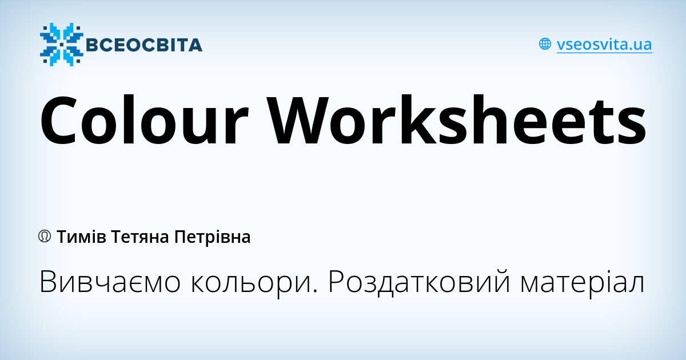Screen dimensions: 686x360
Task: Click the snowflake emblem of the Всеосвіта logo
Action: click(x=61, y=45)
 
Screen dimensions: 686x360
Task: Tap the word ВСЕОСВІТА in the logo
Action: click(x=144, y=45)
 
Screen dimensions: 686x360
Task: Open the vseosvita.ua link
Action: click(x=604, y=45)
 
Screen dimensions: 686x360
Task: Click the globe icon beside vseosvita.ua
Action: click(x=545, y=44)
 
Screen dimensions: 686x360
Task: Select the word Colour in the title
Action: click(x=144, y=119)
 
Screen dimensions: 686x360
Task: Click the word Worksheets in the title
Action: click(x=456, y=119)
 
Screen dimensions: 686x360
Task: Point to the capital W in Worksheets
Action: click(x=298, y=121)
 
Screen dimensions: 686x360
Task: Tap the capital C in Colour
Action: click(x=59, y=121)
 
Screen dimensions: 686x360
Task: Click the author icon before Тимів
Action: click(x=45, y=237)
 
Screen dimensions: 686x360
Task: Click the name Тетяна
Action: click(x=140, y=238)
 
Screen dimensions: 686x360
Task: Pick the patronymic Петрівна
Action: click(x=213, y=238)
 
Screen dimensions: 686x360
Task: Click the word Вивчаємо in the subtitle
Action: click(x=110, y=282)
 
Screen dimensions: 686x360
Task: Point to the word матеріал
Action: click(x=583, y=282)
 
